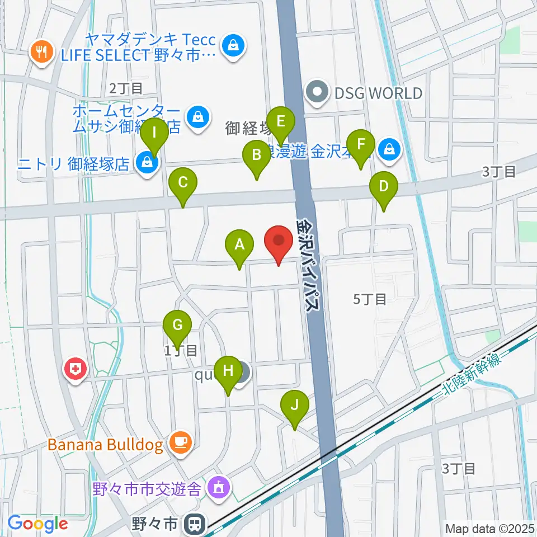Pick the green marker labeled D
pyautogui.click(x=384, y=186)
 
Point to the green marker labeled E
pyautogui.click(x=281, y=121)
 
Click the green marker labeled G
pyautogui.click(x=177, y=325)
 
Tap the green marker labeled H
pyautogui.click(x=228, y=371)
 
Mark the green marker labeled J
pyautogui.click(x=295, y=404)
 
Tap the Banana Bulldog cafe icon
pyautogui.click(x=180, y=443)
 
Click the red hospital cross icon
pyautogui.click(x=74, y=369)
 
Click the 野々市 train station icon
pyautogui.click(x=195, y=524)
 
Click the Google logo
pyautogui.click(x=37, y=524)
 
